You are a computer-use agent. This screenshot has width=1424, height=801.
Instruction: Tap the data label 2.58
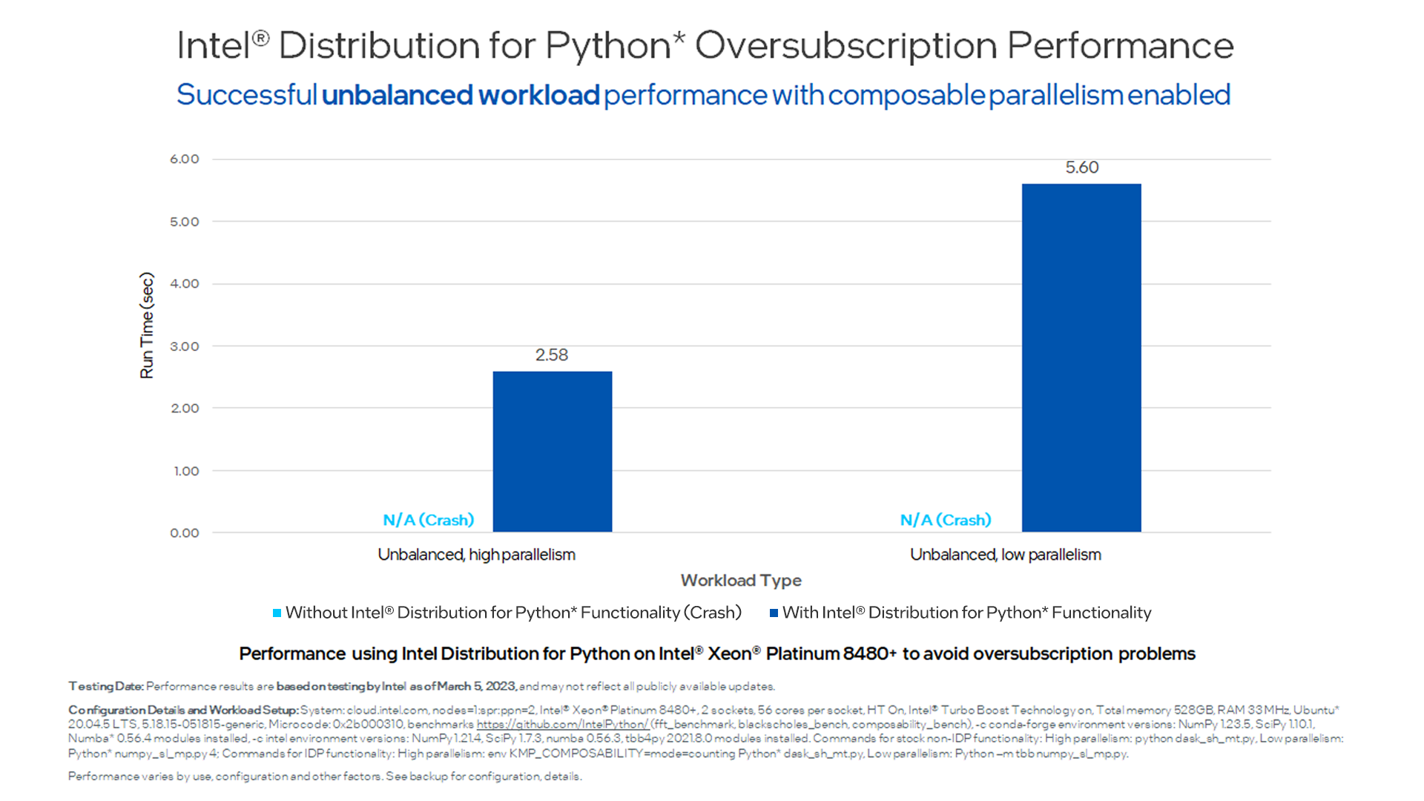pos(552,355)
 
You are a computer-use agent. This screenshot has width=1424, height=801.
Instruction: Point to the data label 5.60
pos(1082,168)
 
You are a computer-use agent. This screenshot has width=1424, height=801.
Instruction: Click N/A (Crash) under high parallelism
pos(428,520)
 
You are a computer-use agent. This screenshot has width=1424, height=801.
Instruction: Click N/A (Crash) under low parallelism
pos(946,520)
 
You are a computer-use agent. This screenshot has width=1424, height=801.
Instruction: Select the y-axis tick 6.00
pos(185,159)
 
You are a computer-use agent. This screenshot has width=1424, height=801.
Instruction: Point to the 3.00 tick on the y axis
pos(185,346)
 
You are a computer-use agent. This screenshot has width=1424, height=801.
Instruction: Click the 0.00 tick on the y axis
pos(185,533)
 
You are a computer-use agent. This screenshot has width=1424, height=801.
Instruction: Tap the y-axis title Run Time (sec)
pos(147,326)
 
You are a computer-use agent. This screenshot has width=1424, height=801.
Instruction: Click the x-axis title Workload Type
pos(741,581)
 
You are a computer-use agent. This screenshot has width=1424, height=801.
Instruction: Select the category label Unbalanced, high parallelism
pos(476,555)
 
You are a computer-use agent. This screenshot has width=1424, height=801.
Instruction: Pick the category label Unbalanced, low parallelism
pos(1005,555)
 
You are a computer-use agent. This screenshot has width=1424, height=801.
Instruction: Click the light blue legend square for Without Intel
pos(277,613)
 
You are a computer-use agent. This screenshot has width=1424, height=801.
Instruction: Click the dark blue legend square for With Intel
pos(774,613)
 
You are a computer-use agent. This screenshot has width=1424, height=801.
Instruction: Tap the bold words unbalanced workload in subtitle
pos(461,96)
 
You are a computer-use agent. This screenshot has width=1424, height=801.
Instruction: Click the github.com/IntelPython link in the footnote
pos(562,725)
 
